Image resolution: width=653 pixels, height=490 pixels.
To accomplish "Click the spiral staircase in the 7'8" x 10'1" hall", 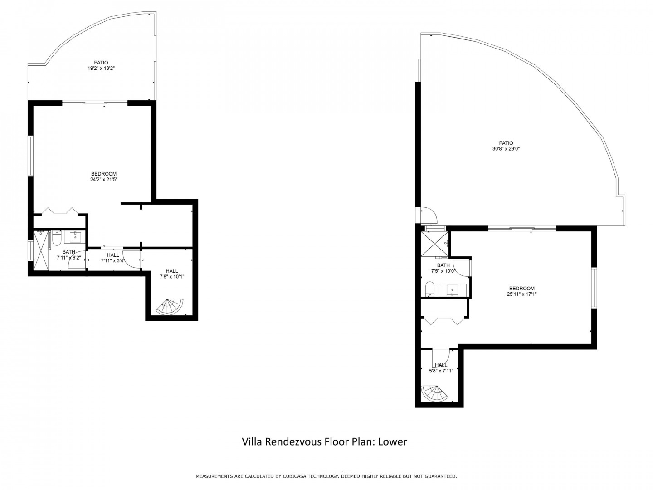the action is [170, 307].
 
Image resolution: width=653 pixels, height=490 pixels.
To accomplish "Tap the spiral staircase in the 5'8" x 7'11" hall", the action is [435, 393].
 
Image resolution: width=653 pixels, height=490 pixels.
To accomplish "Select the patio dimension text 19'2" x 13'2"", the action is [101, 68].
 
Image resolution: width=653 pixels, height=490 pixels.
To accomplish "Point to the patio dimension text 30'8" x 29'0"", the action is [506, 149].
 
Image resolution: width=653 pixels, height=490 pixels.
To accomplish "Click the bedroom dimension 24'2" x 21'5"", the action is [104, 179].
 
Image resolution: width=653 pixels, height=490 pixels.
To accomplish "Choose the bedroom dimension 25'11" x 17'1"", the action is [522, 294].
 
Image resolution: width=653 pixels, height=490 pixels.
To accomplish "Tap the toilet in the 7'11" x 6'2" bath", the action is [57, 238].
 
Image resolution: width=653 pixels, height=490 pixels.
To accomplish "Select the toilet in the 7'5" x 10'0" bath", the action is [430, 289].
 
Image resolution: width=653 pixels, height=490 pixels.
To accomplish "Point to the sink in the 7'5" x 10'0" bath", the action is [453, 290].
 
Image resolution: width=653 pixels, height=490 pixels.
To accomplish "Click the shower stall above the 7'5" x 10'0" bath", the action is [434, 244].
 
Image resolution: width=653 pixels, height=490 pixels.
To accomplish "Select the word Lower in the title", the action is [392, 442].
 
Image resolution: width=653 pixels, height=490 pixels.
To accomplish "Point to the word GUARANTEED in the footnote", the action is [441, 476].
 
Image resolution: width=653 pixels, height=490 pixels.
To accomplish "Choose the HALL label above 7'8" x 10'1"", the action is [172, 271].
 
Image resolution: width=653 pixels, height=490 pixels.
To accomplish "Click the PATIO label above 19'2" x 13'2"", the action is [101, 63].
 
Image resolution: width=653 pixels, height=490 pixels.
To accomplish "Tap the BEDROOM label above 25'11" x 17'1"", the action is [522, 288].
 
